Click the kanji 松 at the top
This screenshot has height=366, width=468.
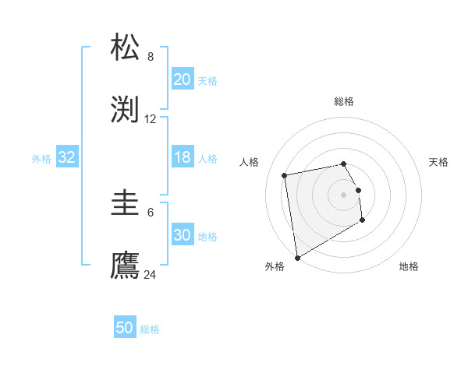(x=126, y=48)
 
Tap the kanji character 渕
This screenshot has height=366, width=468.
(x=126, y=110)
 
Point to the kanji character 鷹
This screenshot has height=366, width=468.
(x=126, y=266)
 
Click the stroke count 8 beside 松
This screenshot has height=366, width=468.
(x=151, y=57)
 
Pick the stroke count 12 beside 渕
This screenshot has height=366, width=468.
(x=151, y=119)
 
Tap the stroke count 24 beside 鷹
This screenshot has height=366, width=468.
(x=151, y=275)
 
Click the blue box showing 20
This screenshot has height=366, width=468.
(x=182, y=79)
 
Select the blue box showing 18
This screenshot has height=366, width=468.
(x=182, y=157)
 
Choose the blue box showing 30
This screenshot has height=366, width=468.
(x=182, y=235)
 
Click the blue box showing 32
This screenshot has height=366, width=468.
(x=67, y=157)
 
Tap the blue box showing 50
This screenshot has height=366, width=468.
(x=125, y=328)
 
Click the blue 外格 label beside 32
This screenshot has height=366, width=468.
(x=41, y=158)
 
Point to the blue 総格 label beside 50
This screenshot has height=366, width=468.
(x=150, y=329)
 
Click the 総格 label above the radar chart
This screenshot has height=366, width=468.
(x=344, y=101)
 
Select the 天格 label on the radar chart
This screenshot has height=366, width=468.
(x=438, y=162)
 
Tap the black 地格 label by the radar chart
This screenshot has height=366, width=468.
(x=409, y=266)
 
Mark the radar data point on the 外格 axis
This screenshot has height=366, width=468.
(x=296, y=257)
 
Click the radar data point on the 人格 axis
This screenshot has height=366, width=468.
(x=285, y=174)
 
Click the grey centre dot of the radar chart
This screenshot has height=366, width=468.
(x=344, y=194)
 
